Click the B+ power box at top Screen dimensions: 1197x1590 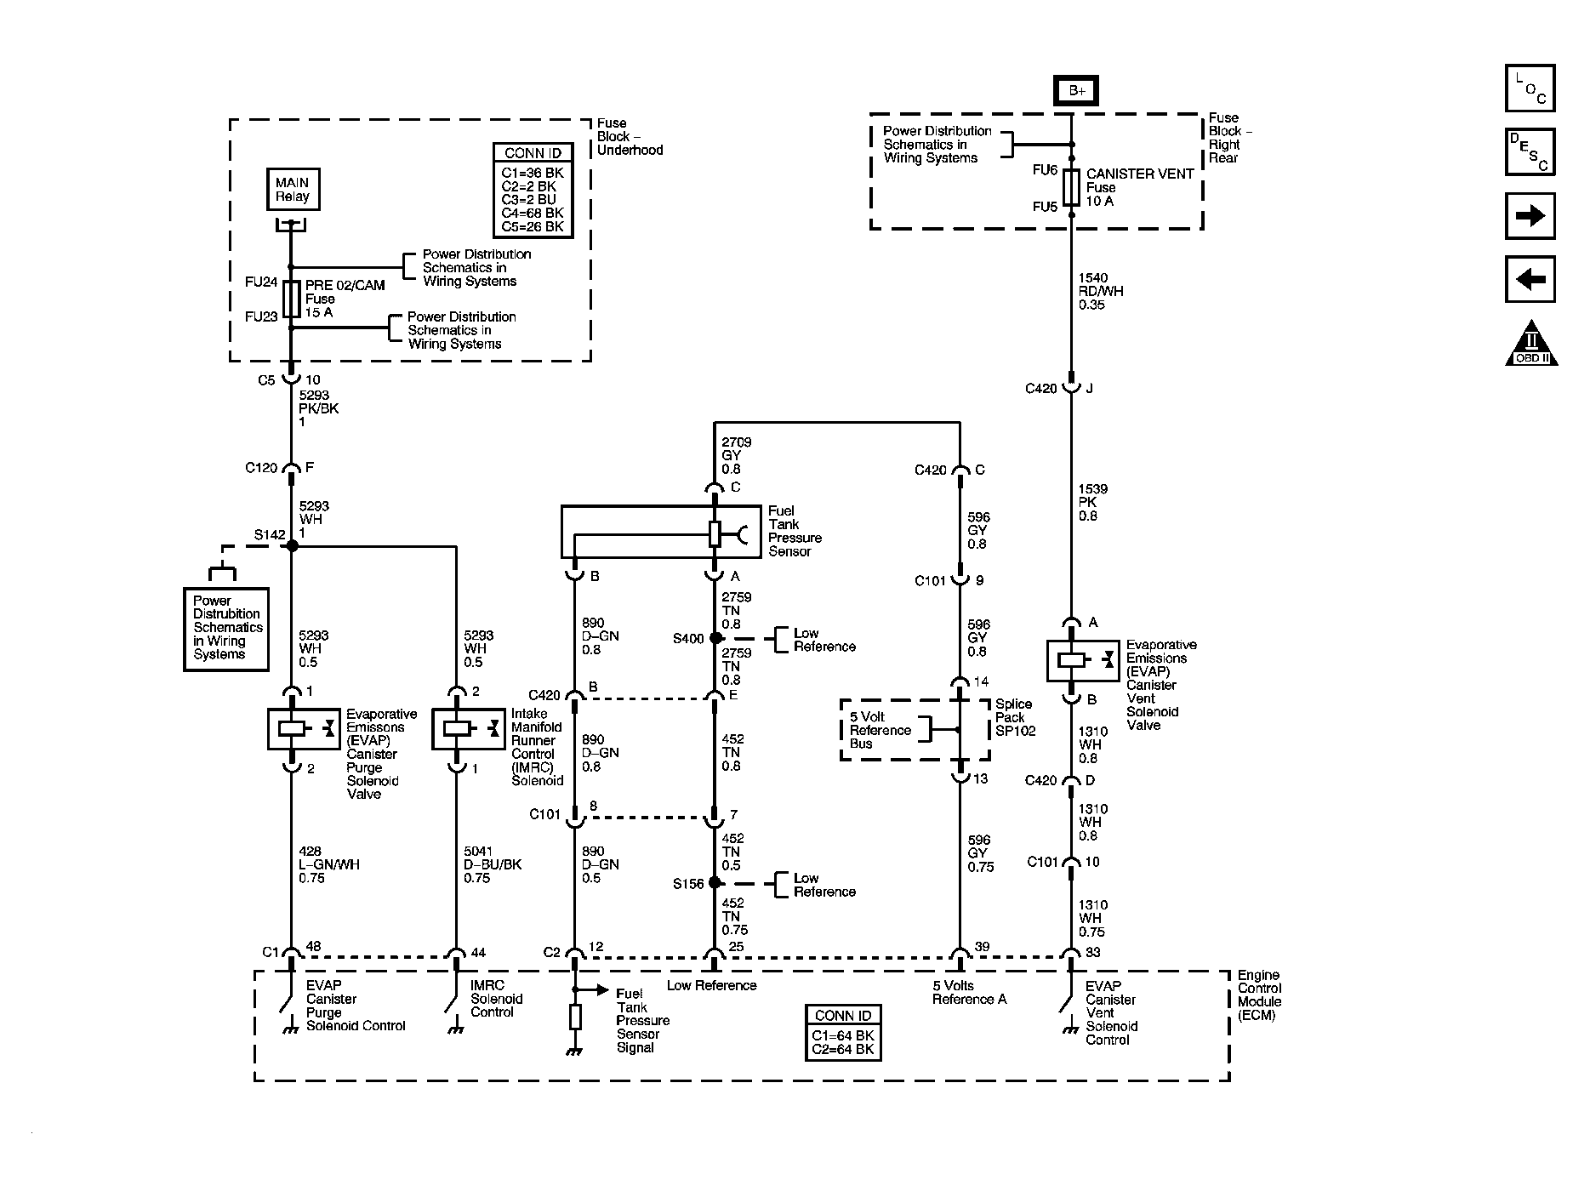[1076, 91]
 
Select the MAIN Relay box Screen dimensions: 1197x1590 [293, 190]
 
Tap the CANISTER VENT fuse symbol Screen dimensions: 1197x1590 [1071, 187]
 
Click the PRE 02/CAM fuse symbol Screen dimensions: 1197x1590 [291, 299]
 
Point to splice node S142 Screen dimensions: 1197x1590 [292, 545]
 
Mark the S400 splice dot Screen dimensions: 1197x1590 [715, 638]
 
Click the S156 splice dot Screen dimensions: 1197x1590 [715, 883]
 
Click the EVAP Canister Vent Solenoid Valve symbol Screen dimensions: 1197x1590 [1083, 660]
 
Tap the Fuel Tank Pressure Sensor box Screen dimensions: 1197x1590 [648, 533]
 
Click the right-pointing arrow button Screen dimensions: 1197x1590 [1530, 216]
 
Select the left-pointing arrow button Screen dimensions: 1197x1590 [1530, 279]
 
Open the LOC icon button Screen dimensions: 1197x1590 [1530, 88]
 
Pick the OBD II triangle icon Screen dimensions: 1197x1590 [1531, 345]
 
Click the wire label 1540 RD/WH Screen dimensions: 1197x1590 [1100, 291]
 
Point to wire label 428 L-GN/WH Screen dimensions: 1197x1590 [328, 864]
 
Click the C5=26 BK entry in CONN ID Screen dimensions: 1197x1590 [533, 226]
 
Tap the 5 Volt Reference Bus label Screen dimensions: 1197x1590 [880, 730]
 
